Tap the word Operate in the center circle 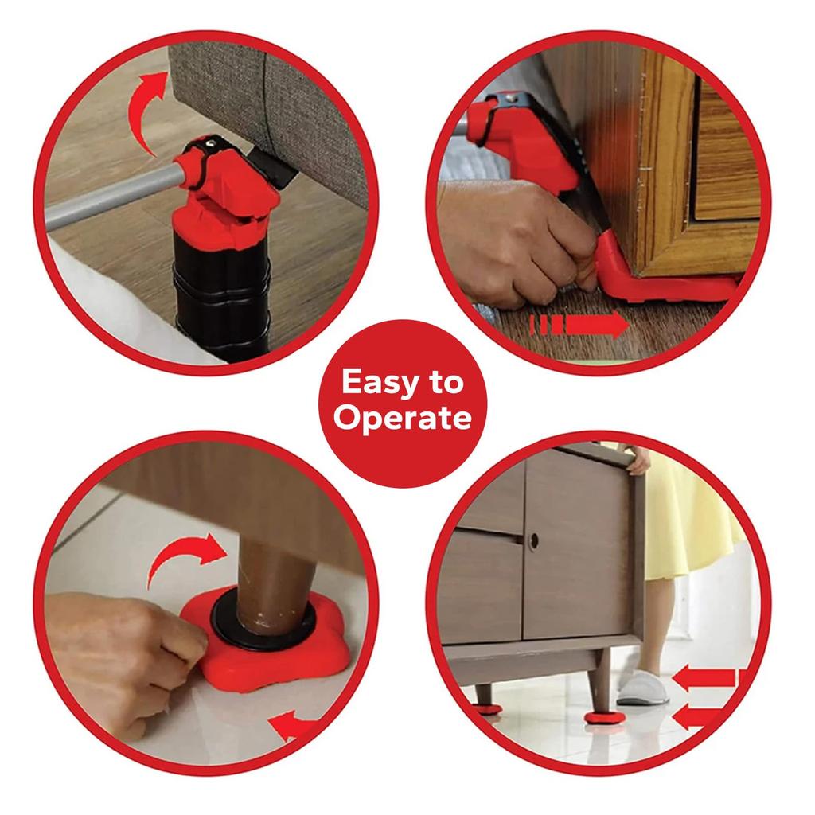point(402,417)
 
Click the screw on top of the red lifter point(213,143)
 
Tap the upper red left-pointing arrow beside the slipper point(704,679)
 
